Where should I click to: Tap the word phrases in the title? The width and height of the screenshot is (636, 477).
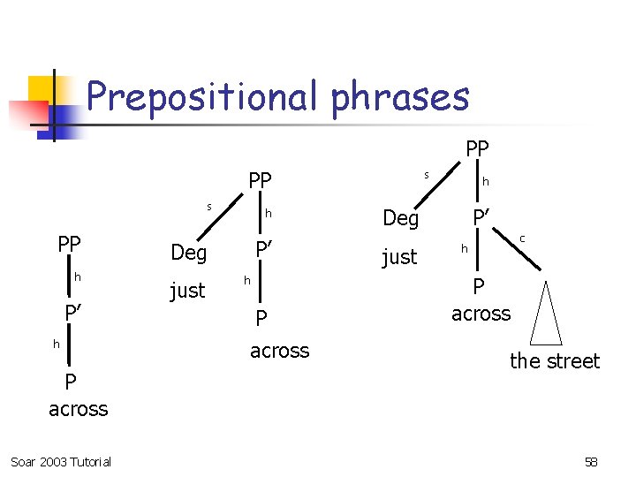[400, 96]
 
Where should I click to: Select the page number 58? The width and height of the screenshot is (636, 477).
[591, 462]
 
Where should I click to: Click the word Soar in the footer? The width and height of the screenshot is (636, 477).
[24, 462]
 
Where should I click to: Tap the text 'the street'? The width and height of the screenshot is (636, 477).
[555, 360]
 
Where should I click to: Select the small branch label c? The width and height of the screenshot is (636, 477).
[522, 238]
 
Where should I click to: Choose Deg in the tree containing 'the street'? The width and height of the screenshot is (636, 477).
[400, 218]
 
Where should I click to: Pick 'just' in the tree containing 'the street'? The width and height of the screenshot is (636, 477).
[399, 257]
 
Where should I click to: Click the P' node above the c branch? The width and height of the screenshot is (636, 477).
[481, 217]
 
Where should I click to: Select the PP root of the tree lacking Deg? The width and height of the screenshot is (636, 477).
[70, 244]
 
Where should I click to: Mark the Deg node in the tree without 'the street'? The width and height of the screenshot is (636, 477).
[188, 253]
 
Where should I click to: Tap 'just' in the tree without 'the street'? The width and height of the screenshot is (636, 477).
[187, 290]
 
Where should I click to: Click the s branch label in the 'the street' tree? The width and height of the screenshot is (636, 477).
[426, 175]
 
